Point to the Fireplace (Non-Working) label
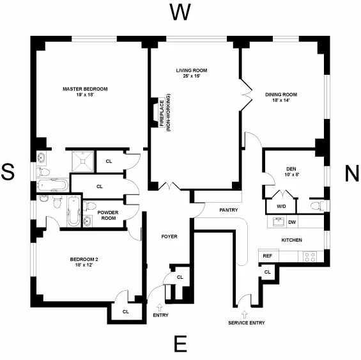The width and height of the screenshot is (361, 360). pyautogui.click(x=165, y=113)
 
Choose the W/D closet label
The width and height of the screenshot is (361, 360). pyautogui.click(x=281, y=206)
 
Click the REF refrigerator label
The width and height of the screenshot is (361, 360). pyautogui.click(x=267, y=255)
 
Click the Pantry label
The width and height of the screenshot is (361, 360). pyautogui.click(x=228, y=209)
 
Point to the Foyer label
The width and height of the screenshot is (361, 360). pyautogui.click(x=169, y=237)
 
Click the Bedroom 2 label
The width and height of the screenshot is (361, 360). pyautogui.click(x=84, y=262)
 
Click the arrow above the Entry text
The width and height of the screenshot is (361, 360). pyautogui.click(x=160, y=308)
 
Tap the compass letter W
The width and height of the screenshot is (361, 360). pyautogui.click(x=180, y=12)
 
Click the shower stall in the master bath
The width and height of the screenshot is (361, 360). pyautogui.click(x=84, y=160)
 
